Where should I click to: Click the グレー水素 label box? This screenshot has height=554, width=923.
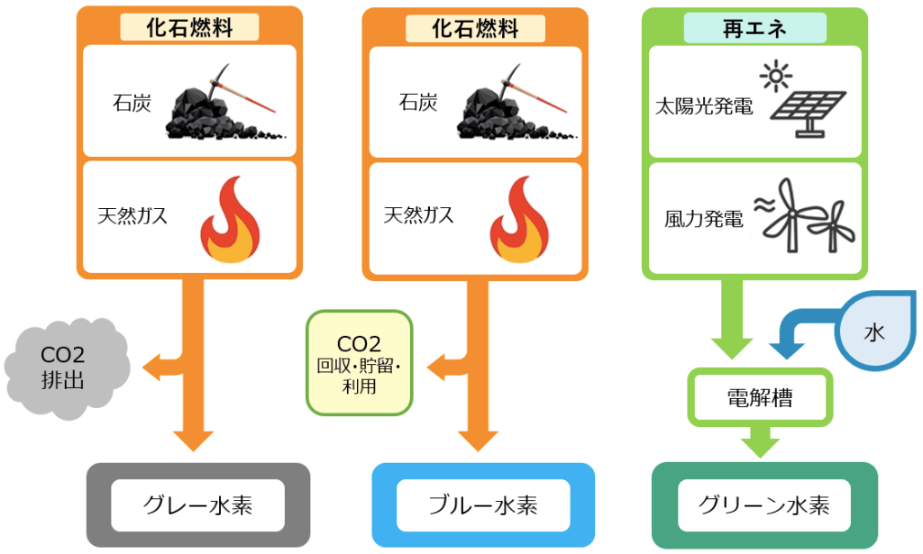(x=197, y=504)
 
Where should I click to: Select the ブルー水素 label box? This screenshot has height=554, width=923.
(x=483, y=504)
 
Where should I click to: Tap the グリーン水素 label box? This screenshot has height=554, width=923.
(x=763, y=504)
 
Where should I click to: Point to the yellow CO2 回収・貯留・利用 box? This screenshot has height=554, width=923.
(x=359, y=363)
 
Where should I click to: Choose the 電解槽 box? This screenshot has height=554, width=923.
(x=759, y=397)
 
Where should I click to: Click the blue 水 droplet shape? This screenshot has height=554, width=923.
(x=873, y=331)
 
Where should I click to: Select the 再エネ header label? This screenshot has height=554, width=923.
(x=754, y=29)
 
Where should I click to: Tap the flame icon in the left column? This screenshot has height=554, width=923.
(x=228, y=221)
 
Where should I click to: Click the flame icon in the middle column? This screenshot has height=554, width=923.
(x=518, y=221)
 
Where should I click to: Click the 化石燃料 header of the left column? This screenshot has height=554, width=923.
(x=189, y=29)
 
